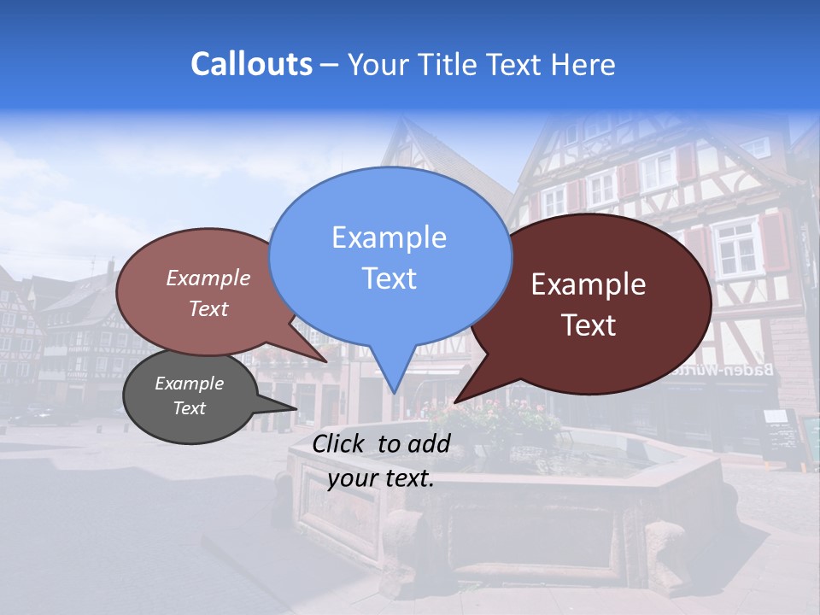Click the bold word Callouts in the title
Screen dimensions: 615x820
(x=251, y=65)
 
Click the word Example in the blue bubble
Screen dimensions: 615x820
(x=389, y=237)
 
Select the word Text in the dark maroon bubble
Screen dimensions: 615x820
(x=589, y=325)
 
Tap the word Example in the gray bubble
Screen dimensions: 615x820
(x=189, y=384)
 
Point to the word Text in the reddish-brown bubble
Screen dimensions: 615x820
(x=208, y=308)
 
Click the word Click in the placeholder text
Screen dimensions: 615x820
(x=340, y=443)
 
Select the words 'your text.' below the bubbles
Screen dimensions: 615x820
(x=381, y=478)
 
